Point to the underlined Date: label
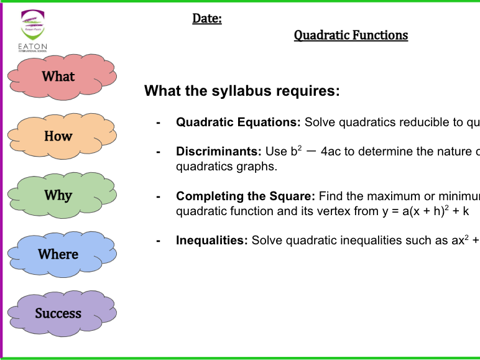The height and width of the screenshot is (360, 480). tap(207, 19)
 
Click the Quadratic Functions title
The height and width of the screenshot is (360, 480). tap(351, 35)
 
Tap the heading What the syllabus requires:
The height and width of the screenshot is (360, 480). tap(242, 91)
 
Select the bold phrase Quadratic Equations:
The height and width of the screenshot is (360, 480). tap(238, 122)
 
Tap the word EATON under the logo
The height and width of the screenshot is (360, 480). tap(34, 47)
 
